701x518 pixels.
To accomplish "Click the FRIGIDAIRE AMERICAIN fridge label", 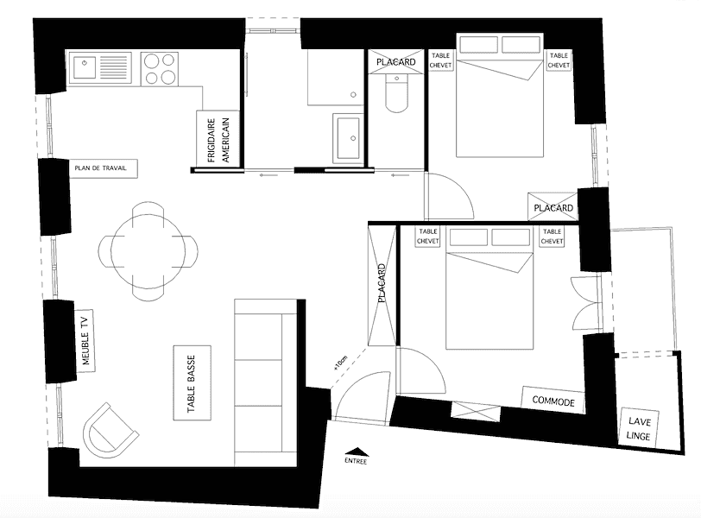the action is (x=218, y=140).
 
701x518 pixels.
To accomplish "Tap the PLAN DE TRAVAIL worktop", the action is (x=104, y=168).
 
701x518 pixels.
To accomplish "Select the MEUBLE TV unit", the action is (x=85, y=340).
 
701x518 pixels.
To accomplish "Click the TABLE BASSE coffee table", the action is (x=192, y=383).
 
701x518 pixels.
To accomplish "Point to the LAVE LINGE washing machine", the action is (x=639, y=427).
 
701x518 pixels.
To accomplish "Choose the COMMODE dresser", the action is (x=553, y=400).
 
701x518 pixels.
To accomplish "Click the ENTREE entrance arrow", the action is (x=357, y=452).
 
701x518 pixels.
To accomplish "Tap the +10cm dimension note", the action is (x=340, y=363).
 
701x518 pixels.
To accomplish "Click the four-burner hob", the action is (x=160, y=69).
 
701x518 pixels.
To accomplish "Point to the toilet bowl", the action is (x=396, y=94).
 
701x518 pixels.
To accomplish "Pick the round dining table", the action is (x=148, y=251).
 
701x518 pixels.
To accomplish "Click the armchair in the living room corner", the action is (x=111, y=430).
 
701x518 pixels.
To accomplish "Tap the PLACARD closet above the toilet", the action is (x=395, y=61).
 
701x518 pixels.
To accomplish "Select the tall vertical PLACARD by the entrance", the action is (x=382, y=285).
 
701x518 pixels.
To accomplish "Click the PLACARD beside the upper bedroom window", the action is (x=553, y=207).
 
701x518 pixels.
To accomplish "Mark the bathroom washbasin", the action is (x=348, y=138).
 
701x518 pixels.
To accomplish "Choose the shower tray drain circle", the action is (x=353, y=95).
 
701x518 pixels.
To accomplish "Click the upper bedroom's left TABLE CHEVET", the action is (x=440, y=60).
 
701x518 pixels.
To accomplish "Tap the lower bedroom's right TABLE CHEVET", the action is (x=553, y=237).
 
